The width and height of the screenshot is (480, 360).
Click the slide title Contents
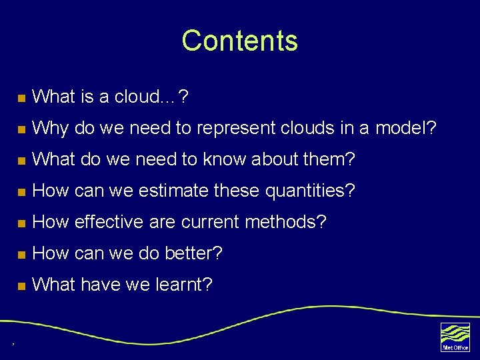(x=239, y=41)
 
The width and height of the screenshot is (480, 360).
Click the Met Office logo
(x=455, y=337)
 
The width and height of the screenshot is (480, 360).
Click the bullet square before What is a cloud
(x=21, y=98)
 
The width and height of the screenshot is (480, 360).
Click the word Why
(x=50, y=129)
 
